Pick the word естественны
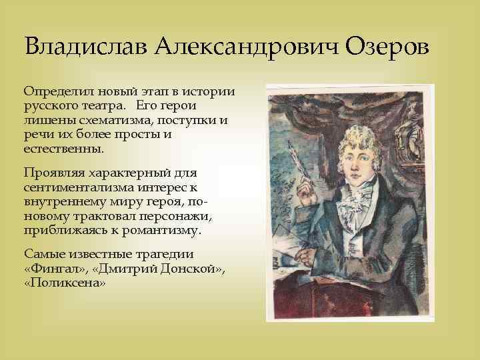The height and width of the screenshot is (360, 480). coord(65,149)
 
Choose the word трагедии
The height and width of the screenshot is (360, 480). coord(168,254)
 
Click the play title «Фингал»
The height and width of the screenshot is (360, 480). coord(50,269)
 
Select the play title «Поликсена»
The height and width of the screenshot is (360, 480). coord(65,283)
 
